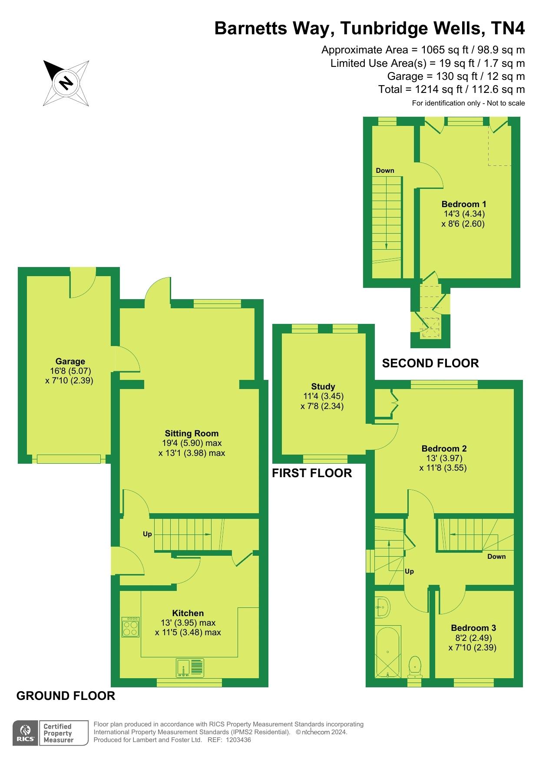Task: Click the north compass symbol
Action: (66, 82)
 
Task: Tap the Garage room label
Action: (70, 361)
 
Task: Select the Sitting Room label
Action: (192, 433)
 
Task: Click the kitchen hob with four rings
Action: (131, 627)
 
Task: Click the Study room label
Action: (323, 386)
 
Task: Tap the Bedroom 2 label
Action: (444, 449)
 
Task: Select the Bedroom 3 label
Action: (473, 628)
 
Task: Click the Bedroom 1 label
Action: (464, 204)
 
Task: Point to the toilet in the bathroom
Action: (415, 666)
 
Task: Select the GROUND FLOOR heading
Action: (66, 696)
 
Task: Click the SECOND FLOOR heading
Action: (430, 363)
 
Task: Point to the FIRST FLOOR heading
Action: (312, 473)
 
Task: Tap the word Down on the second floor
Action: (385, 170)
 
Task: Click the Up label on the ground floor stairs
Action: (148, 534)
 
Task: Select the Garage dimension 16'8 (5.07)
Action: (70, 371)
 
